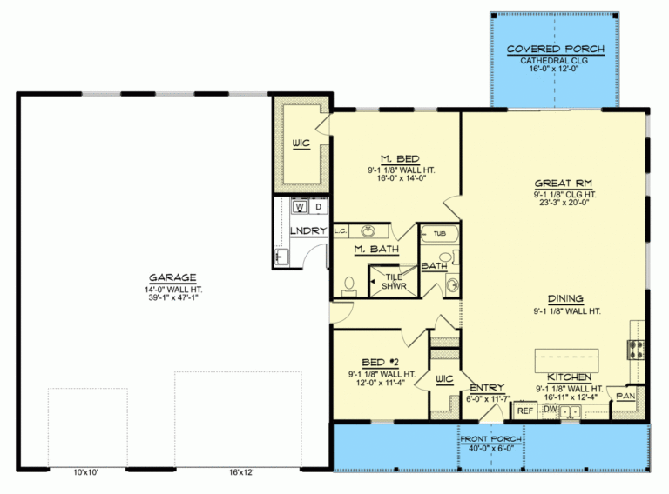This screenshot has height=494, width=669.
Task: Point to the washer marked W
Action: coord(300,208)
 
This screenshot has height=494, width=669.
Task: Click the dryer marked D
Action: coord(319,208)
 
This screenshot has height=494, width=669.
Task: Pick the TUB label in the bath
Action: coord(440,233)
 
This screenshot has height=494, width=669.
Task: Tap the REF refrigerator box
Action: coord(525,410)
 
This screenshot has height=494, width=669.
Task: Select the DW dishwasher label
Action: coord(550,407)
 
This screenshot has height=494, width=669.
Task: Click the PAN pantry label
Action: coord(626,396)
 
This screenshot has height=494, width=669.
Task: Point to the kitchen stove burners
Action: coord(635,350)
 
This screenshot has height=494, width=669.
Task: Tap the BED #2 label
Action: coord(380,361)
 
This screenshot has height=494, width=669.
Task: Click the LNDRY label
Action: coord(308,230)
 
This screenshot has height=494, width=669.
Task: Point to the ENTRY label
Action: coord(484,388)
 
